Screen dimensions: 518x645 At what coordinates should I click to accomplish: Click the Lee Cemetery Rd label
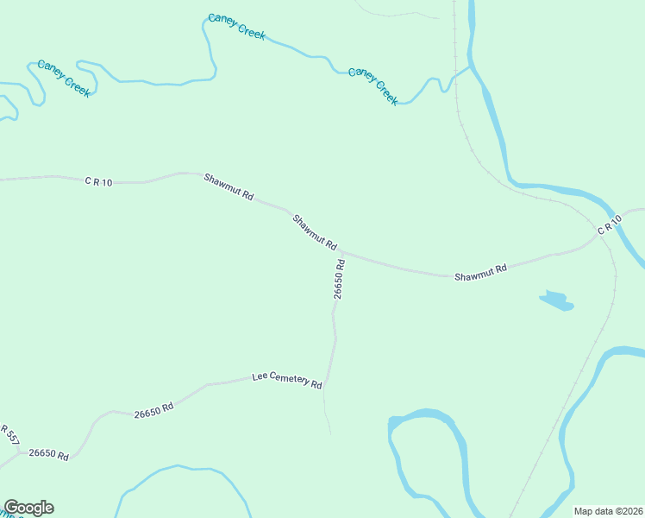[286, 380]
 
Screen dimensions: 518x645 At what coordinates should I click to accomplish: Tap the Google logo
[28, 508]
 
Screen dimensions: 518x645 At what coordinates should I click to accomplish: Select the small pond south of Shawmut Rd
[556, 300]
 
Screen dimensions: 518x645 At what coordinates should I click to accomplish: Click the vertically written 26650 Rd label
[340, 279]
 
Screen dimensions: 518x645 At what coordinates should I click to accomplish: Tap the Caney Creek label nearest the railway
[373, 85]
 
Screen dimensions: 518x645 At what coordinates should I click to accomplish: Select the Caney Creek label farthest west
[64, 78]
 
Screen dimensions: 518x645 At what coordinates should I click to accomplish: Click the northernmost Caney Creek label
[236, 27]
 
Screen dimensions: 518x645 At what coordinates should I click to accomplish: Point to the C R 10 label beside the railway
[609, 226]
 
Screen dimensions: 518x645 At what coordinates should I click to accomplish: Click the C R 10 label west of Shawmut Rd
[98, 181]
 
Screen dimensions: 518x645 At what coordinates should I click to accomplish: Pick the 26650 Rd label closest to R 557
[48, 453]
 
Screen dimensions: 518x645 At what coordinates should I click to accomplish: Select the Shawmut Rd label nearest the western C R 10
[229, 186]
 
